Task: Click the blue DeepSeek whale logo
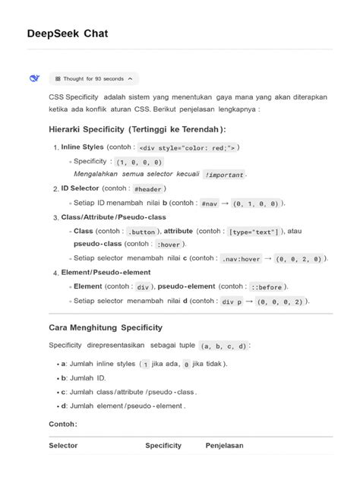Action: (x=35, y=78)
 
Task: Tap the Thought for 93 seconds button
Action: (x=94, y=78)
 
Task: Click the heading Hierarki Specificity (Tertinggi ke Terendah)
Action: (x=137, y=129)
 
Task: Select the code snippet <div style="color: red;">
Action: (x=189, y=147)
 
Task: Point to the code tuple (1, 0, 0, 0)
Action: (x=139, y=162)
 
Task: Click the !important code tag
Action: (x=224, y=175)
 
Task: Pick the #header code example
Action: (x=148, y=189)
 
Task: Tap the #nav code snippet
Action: (x=210, y=204)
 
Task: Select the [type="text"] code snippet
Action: (x=254, y=232)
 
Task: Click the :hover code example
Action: (x=169, y=245)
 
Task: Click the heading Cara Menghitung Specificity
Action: (x=106, y=327)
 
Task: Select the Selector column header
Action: (x=63, y=445)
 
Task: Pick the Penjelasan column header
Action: (x=225, y=445)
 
